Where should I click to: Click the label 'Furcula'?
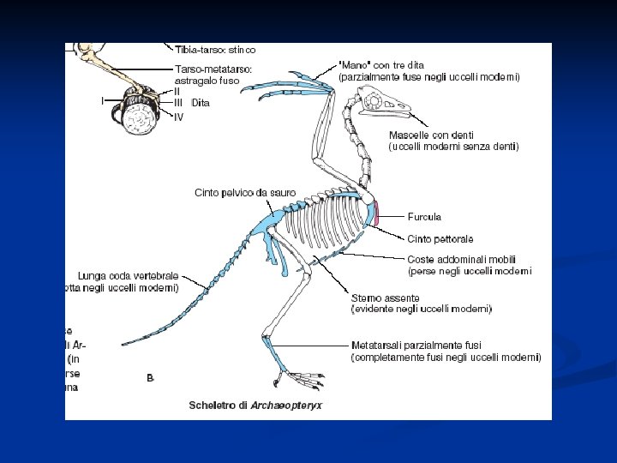tap(424, 216)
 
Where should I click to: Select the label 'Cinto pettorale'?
tap(440, 238)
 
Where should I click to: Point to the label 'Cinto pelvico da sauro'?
tap(244, 193)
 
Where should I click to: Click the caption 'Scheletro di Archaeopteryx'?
tap(255, 406)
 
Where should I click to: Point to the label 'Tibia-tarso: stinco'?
tap(215, 50)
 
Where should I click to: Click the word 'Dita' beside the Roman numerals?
tap(201, 103)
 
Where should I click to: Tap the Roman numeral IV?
tap(178, 117)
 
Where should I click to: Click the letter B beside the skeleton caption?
tap(151, 377)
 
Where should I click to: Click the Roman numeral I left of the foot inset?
tap(102, 100)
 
